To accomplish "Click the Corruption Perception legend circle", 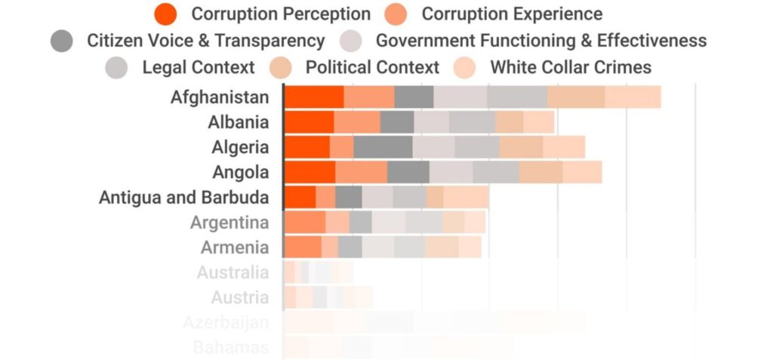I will [x=165, y=14].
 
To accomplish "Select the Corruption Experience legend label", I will [x=511, y=14].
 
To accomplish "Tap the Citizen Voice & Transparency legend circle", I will [x=62, y=41].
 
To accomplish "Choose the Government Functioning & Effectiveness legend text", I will [x=540, y=41].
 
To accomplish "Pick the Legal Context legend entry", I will [x=198, y=67].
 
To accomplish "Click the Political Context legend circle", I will [x=281, y=67].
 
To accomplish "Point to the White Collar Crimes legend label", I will [x=570, y=67].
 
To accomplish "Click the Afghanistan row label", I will [x=219, y=97].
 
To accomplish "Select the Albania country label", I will [x=238, y=122].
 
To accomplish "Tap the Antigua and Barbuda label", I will [x=183, y=198].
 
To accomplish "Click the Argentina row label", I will [x=229, y=223].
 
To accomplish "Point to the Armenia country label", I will [x=234, y=248].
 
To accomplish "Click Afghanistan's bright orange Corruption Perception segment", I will [x=314, y=97].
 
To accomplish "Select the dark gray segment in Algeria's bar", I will [x=383, y=147].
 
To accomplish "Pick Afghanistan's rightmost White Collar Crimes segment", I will [x=633, y=97].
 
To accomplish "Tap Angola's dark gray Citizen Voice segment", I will [x=408, y=172].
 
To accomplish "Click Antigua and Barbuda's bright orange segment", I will [x=300, y=197].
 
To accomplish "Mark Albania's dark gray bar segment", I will [x=397, y=122].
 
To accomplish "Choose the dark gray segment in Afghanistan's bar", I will [x=414, y=97].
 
